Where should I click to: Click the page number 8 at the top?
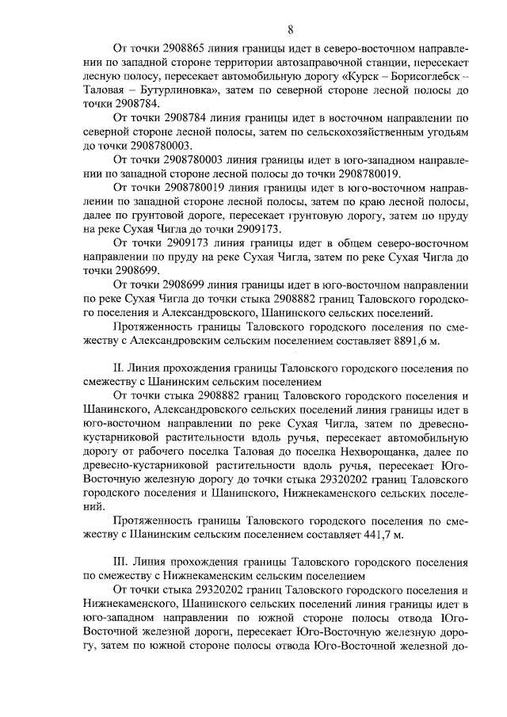291,30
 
